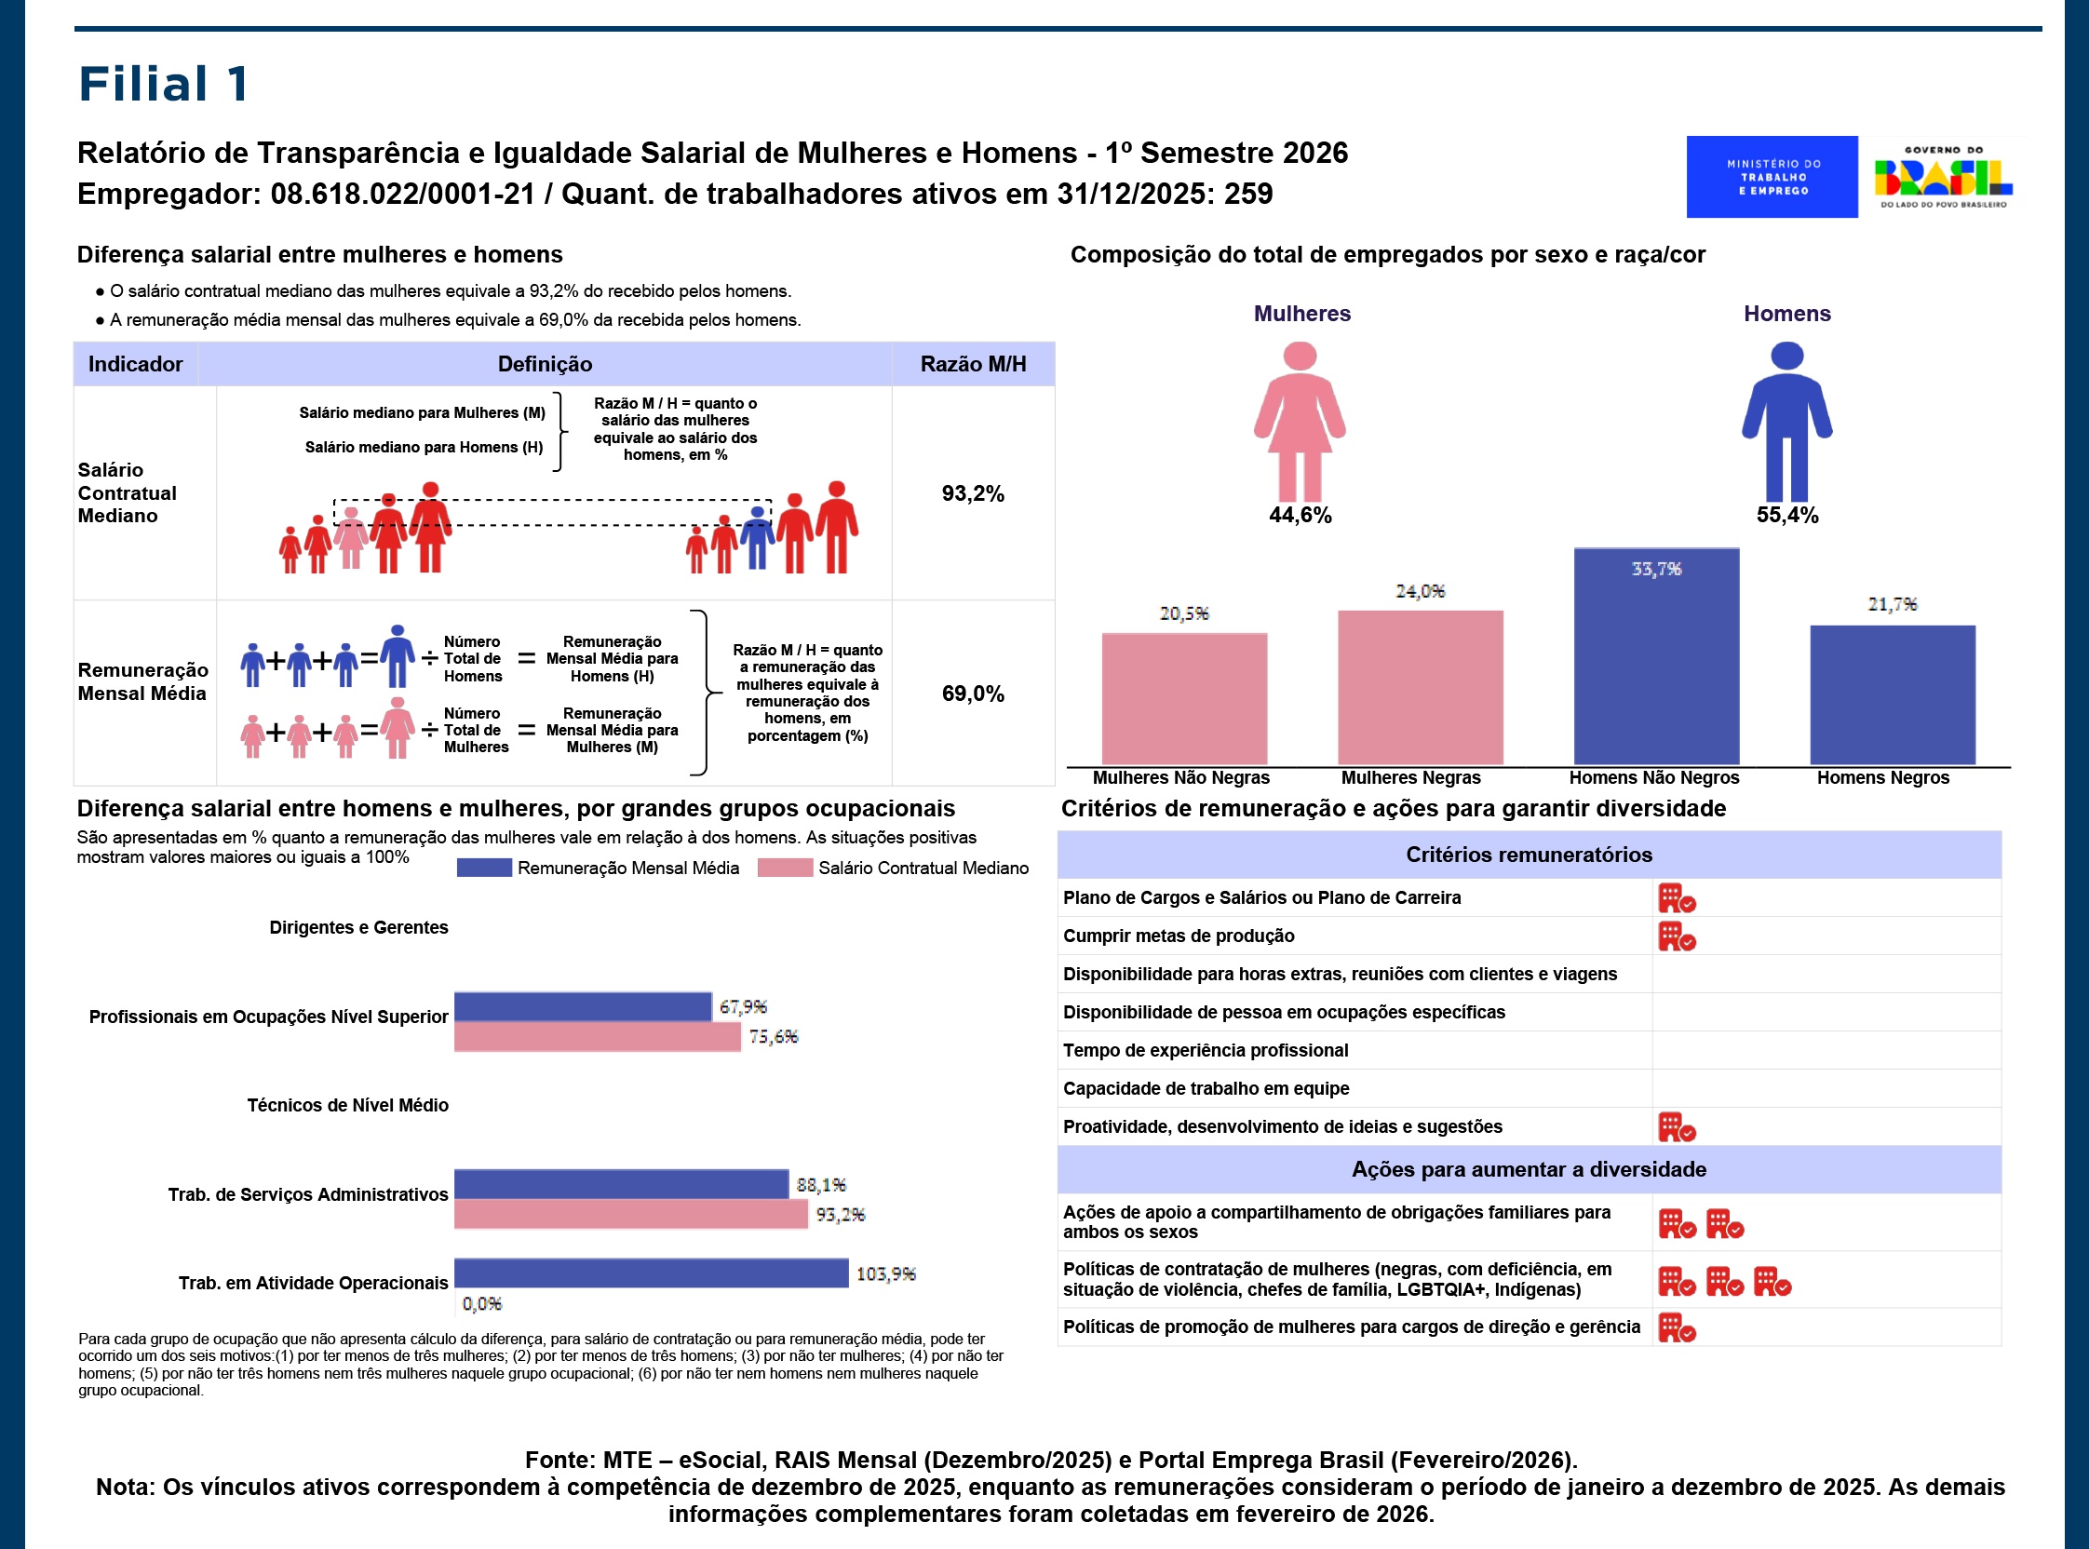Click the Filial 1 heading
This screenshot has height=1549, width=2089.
(x=164, y=84)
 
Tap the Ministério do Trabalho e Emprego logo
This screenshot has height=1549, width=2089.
(x=1772, y=177)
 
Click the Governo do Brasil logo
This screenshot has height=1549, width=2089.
(x=1943, y=177)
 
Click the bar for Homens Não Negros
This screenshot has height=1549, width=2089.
(x=1656, y=656)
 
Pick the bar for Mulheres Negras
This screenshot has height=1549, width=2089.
(x=1420, y=687)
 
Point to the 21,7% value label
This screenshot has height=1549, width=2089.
(x=1891, y=605)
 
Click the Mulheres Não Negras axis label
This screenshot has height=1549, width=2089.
(x=1180, y=777)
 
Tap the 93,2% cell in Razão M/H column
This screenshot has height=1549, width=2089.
(x=972, y=493)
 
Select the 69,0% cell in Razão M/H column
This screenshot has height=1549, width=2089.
(x=972, y=694)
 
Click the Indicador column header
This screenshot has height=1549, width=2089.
(x=135, y=364)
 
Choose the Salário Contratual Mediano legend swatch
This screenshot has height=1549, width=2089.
(x=785, y=868)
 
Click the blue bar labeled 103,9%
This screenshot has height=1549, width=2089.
(x=651, y=1273)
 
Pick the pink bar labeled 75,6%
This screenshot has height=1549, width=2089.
(x=598, y=1036)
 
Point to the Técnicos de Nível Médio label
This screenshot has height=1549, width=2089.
(x=347, y=1106)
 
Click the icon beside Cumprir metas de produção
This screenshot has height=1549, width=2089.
(x=1677, y=936)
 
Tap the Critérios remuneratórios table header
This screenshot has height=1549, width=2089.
(x=1529, y=855)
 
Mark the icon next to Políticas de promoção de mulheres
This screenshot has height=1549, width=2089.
(x=1677, y=1327)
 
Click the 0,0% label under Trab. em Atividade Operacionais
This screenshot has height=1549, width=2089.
(x=482, y=1303)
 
